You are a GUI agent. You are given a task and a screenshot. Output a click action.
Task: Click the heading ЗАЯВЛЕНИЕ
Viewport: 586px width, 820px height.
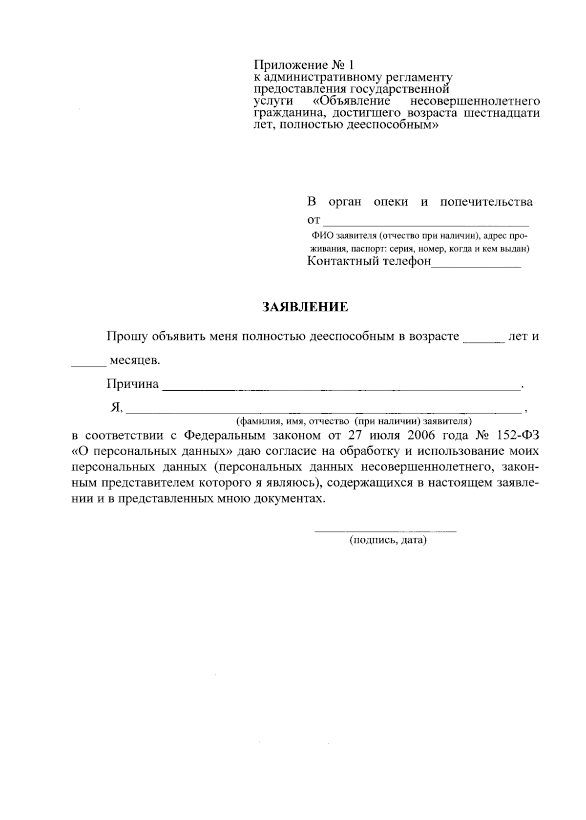coord(305,307)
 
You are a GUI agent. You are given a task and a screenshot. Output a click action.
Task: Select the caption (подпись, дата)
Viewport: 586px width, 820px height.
coord(388,541)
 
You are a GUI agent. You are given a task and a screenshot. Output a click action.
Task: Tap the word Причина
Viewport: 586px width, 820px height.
coord(132,384)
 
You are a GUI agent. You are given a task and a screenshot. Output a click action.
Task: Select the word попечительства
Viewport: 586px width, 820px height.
coord(486,202)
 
